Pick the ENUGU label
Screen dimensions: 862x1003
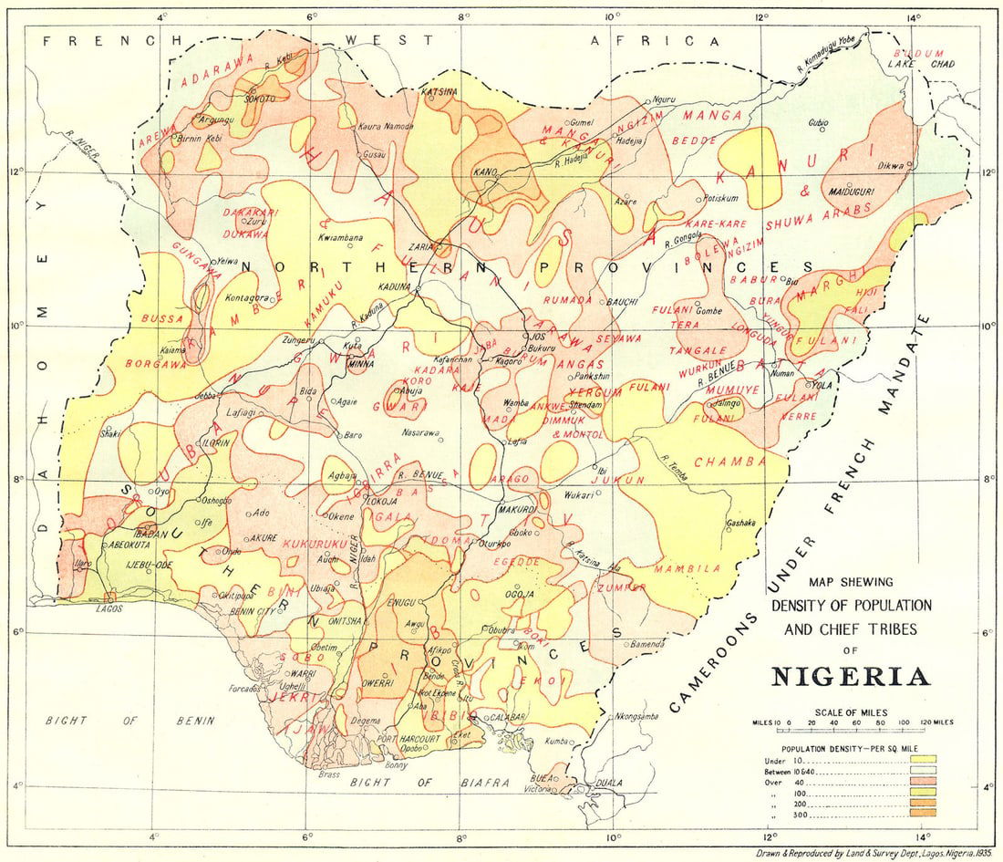click(x=402, y=603)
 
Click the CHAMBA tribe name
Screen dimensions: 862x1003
click(x=729, y=462)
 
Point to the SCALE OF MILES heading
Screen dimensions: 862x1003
click(x=852, y=711)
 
